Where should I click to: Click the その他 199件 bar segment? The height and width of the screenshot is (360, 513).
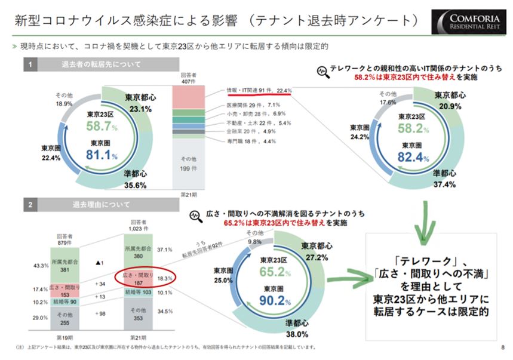point(188,164)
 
